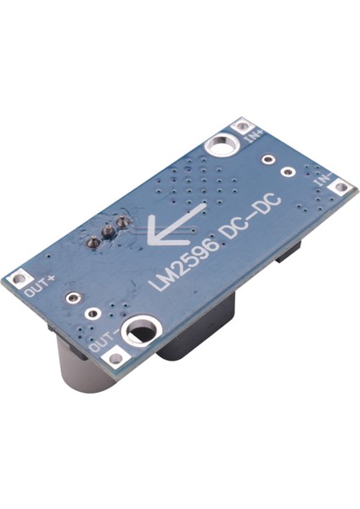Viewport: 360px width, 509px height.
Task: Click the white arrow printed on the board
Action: click(x=174, y=224)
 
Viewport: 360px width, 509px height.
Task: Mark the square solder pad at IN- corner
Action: click(x=341, y=186)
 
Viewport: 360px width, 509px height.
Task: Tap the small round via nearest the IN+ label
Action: click(x=267, y=159)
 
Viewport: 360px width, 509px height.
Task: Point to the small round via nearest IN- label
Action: click(x=290, y=173)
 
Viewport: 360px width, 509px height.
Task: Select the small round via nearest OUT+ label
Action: click(x=73, y=298)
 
